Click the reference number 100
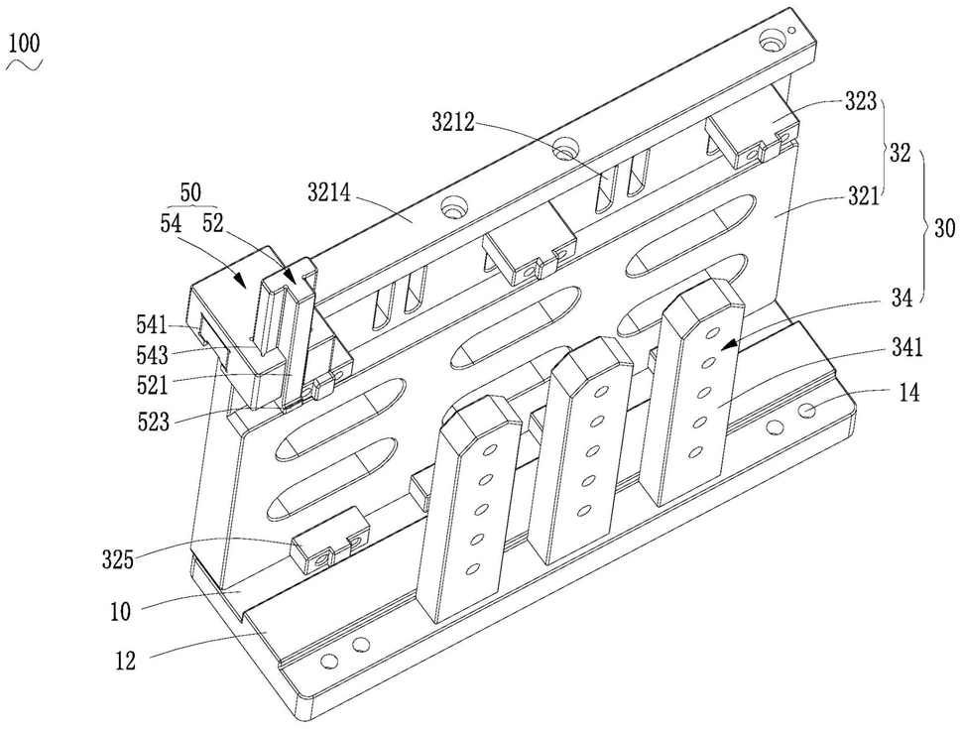(x=25, y=44)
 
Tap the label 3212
(x=453, y=123)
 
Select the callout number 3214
(x=330, y=194)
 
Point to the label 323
(x=861, y=101)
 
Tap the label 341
(x=906, y=348)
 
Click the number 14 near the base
(x=909, y=393)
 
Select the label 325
(x=118, y=559)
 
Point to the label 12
(x=126, y=662)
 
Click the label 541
(x=152, y=324)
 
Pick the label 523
(x=153, y=423)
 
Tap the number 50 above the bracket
(x=190, y=192)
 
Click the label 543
(x=153, y=355)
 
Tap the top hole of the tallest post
(x=713, y=334)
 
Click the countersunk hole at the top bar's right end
(x=770, y=44)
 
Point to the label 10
(x=121, y=612)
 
